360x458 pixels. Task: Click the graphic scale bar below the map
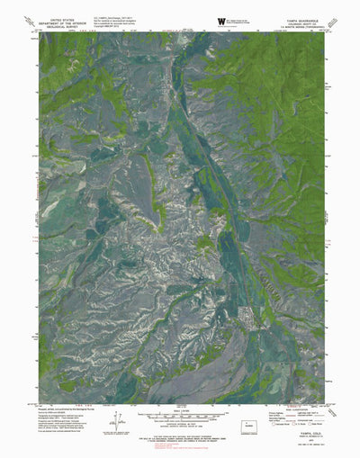[180, 417]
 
